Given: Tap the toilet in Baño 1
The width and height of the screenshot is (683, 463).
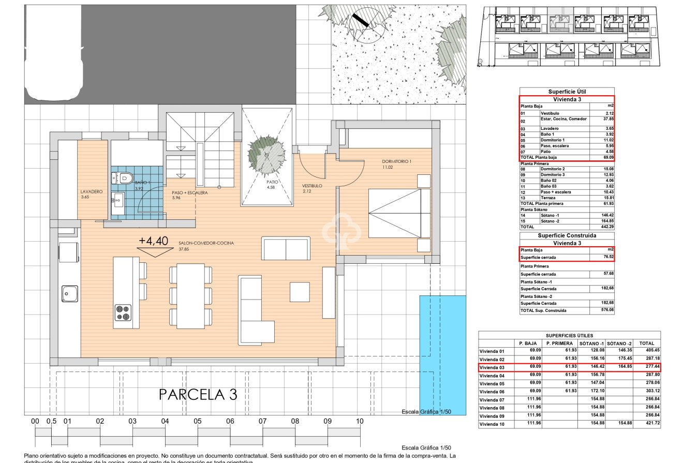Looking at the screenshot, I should [122, 178].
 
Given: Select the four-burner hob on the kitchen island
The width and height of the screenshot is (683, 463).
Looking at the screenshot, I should [123, 313].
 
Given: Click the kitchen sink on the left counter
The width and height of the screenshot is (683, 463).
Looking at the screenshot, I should [69, 294].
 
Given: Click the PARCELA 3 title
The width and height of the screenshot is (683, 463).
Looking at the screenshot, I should [198, 394].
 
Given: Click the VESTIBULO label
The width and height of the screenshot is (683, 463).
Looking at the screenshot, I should [313, 185].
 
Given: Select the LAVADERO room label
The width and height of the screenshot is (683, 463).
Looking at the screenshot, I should [91, 191].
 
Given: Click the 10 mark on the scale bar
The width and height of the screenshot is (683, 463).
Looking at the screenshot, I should [360, 421].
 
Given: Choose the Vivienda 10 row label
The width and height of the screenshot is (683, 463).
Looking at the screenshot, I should [495, 424].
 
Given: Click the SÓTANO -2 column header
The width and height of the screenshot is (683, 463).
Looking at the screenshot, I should [619, 343].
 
